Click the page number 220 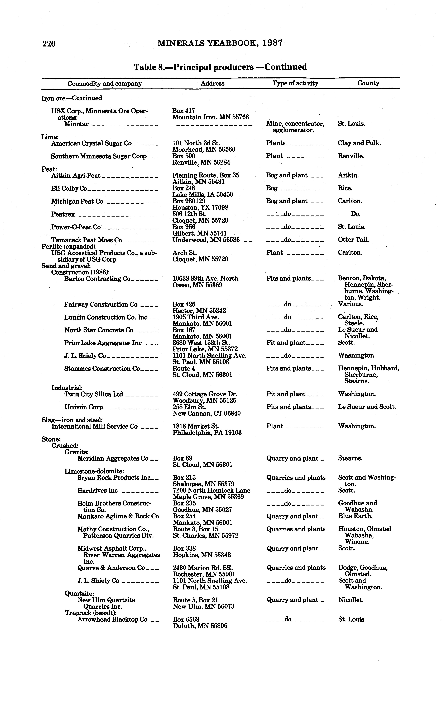point(49,44)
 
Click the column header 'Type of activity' point(295,83)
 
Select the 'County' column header point(368,83)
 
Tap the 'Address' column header point(212,83)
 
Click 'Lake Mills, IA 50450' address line point(203,195)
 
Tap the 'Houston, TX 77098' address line point(200,208)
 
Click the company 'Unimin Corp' point(84,407)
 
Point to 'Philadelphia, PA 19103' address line point(207,433)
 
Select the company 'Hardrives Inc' point(97,491)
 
